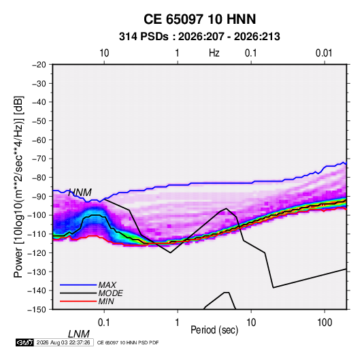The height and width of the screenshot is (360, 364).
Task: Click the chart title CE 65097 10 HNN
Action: [x=199, y=19]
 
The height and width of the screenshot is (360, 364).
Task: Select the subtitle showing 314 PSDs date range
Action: [x=199, y=37]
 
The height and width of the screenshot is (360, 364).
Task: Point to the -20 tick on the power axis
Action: [x=39, y=65]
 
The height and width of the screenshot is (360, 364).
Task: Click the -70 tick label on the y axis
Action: [x=39, y=159]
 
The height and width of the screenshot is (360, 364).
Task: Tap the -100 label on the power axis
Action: [x=37, y=215]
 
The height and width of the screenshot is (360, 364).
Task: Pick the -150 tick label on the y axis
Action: [x=37, y=310]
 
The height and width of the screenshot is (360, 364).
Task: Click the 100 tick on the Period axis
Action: [x=325, y=323]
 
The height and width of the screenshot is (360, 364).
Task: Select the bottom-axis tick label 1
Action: [x=177, y=323]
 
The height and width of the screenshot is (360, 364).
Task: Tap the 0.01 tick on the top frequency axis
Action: [x=324, y=53]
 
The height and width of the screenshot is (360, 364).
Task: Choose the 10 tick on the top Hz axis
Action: [x=104, y=53]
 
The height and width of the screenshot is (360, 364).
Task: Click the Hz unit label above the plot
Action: [x=214, y=53]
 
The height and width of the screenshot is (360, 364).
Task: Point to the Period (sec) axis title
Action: [x=214, y=330]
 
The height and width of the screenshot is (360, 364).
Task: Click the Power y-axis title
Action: [x=19, y=187]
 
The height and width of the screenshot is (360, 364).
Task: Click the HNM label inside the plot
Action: [x=80, y=193]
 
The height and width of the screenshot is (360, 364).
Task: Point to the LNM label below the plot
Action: [x=79, y=334]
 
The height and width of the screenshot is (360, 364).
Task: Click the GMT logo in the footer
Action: [x=25, y=342]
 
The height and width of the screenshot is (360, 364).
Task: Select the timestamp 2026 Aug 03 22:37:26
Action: [x=63, y=342]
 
